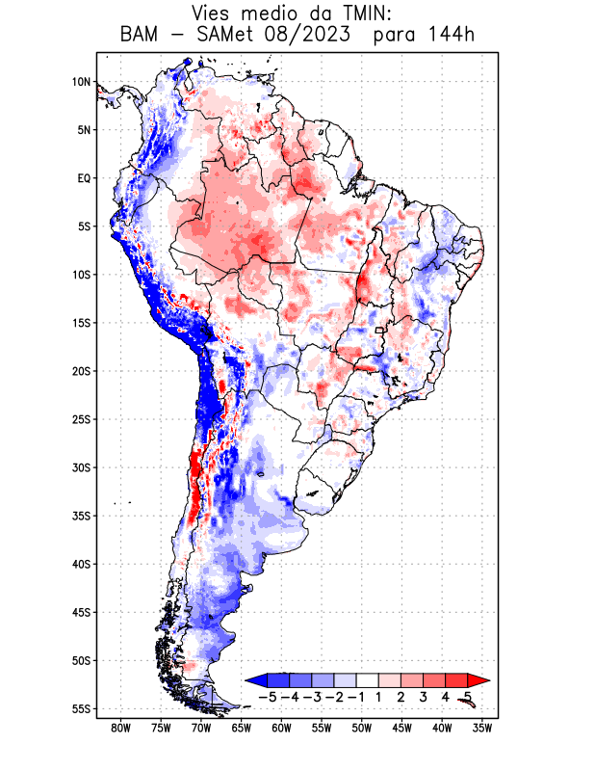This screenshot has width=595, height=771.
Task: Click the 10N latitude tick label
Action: point(81,82)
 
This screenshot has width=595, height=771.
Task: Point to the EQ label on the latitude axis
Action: point(83,178)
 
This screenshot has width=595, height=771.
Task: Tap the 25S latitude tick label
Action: point(81,419)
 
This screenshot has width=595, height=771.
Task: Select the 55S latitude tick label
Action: point(81,708)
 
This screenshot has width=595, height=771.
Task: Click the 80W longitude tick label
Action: point(120,728)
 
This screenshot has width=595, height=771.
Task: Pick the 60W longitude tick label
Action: point(281,728)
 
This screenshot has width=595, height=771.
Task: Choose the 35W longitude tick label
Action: point(482,728)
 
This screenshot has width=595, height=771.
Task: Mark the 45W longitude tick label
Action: point(401,728)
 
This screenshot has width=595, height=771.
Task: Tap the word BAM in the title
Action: point(142,37)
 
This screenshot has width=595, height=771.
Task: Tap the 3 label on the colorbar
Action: point(424,696)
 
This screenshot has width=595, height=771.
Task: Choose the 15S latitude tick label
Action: point(81,323)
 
